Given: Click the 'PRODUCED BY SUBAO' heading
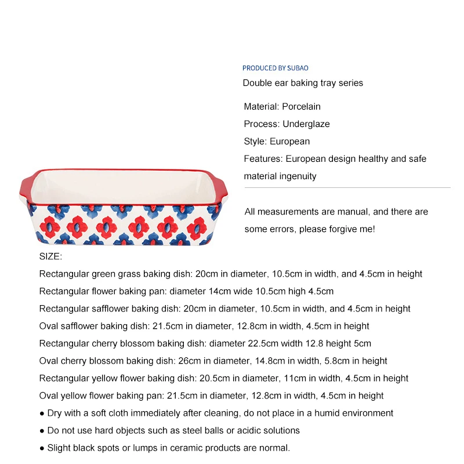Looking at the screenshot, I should [x=275, y=68].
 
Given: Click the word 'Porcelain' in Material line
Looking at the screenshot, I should [x=301, y=106].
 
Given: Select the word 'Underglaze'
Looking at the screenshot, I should [x=306, y=124].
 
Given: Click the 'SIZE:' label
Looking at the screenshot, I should [x=50, y=256].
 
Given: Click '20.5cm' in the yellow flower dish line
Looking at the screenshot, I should [x=216, y=378].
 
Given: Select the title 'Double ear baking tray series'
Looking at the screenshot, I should [x=303, y=83].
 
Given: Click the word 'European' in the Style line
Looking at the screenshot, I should [x=289, y=141].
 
